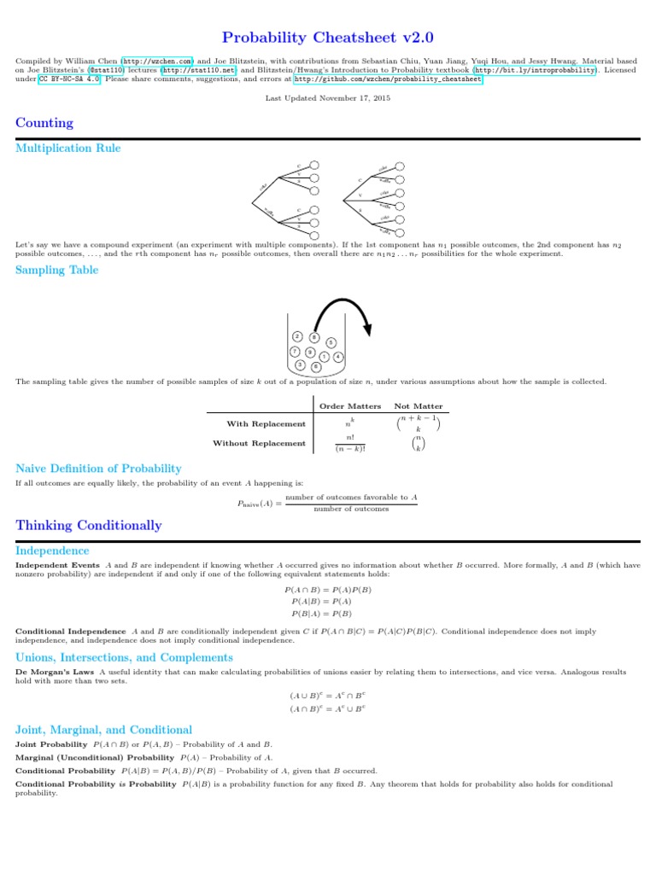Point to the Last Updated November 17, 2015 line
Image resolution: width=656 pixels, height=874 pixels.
(328, 98)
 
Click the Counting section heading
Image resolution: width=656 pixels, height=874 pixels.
(44, 123)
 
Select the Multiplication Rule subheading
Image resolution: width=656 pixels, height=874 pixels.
(68, 149)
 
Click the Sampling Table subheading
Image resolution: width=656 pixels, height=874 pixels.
(57, 271)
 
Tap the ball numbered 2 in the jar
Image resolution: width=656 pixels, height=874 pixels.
(296, 336)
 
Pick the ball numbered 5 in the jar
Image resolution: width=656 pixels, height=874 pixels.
(331, 343)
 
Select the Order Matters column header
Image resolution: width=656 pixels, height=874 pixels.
(349, 406)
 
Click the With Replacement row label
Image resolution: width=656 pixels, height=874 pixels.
(266, 423)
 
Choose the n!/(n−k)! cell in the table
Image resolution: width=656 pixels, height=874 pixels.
(349, 443)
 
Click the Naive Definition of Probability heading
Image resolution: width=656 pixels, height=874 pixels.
(99, 469)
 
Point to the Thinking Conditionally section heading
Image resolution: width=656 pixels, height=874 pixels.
(89, 525)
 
